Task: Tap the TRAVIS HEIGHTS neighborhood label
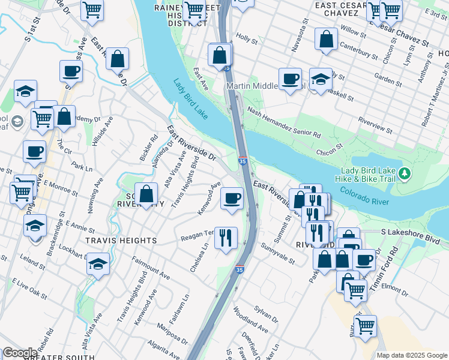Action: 121,241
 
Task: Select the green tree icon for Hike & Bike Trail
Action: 406,174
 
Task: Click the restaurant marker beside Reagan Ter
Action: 226,238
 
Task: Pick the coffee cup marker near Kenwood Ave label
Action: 232,197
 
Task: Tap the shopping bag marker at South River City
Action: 146,194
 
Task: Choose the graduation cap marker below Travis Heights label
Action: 98,263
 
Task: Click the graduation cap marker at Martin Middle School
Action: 321,79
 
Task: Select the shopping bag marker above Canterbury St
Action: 325,40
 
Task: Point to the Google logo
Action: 19,353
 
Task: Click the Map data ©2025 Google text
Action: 412,355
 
